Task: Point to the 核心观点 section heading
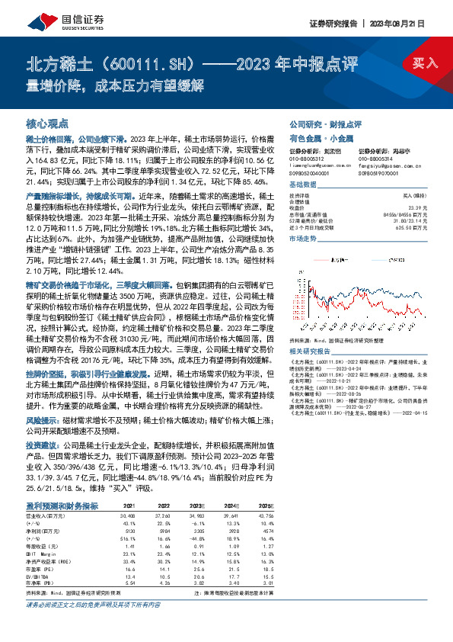click(48, 123)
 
